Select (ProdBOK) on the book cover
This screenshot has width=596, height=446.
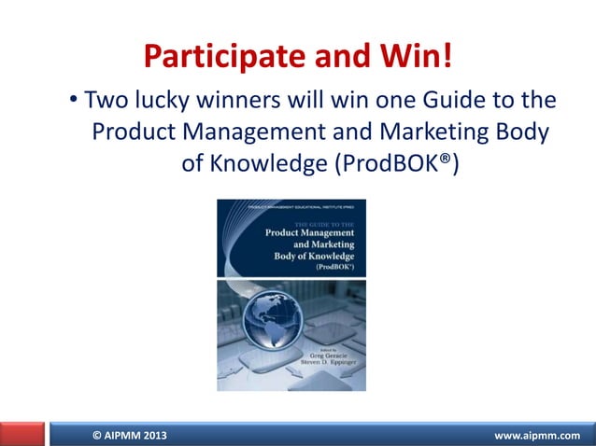click(341, 265)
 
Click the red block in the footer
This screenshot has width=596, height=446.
click(22, 435)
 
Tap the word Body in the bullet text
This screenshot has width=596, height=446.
click(517, 132)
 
